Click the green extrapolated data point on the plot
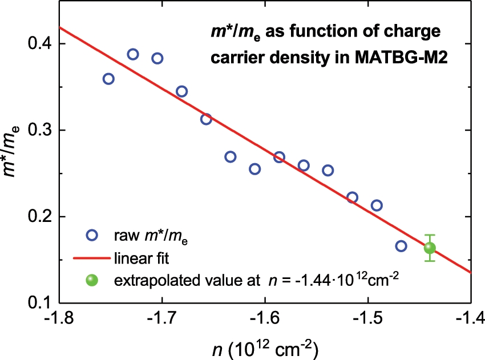tap(430, 248)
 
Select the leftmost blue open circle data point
tap(108, 79)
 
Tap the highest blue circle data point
tap(133, 54)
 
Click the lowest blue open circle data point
tap(401, 246)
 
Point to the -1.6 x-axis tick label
tap(265, 318)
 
